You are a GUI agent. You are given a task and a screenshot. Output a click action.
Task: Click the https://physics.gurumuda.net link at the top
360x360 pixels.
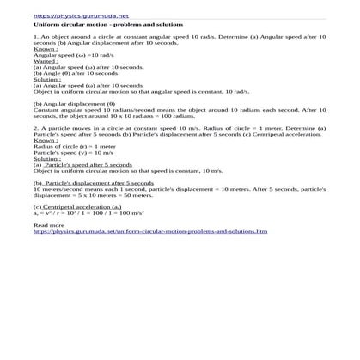[x=70, y=16]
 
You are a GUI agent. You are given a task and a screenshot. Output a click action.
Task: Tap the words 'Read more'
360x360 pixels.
[x=47, y=226]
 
